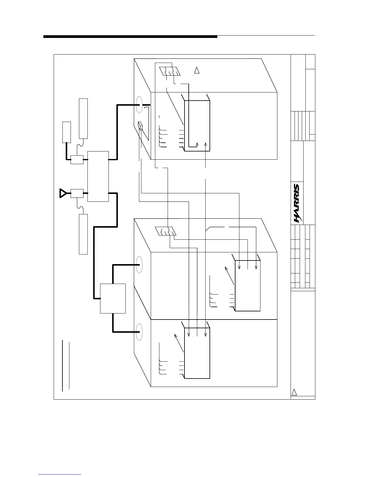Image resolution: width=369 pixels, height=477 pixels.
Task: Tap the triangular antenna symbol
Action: coord(63,193)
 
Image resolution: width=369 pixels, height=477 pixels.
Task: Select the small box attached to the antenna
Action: coord(77,193)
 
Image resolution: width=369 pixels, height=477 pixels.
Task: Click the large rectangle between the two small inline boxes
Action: coord(98,176)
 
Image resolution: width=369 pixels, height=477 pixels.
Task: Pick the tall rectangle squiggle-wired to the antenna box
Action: coord(83,234)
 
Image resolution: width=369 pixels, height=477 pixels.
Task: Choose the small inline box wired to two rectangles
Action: coord(77,160)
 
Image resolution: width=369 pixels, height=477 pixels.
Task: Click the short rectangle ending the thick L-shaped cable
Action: coord(66,132)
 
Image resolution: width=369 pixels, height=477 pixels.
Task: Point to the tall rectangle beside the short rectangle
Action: coord(83,118)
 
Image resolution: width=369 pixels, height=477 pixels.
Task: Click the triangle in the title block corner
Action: coord(295,392)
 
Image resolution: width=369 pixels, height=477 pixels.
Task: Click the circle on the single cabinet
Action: coord(139,105)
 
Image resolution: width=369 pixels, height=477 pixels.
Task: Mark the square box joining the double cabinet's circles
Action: coord(113,298)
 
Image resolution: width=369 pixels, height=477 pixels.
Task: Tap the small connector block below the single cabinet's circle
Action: coord(140,126)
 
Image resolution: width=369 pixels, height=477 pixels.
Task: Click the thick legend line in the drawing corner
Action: coord(62,366)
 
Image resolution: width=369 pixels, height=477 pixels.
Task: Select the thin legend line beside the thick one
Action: coord(69,366)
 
